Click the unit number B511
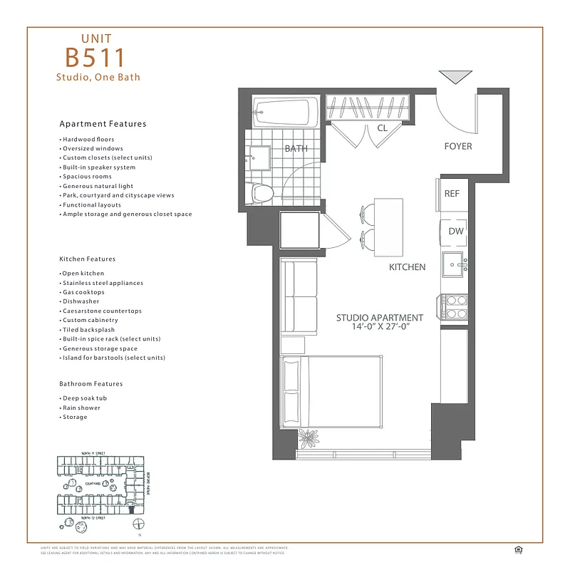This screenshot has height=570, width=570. [95, 58]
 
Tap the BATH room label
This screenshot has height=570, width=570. [296, 149]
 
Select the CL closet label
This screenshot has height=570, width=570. [382, 129]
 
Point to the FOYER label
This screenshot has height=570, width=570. [457, 147]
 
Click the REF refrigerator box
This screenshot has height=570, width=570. [452, 194]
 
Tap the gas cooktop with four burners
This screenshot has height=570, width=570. [454, 306]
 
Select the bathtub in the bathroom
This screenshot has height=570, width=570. [284, 112]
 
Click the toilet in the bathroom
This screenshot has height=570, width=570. [261, 192]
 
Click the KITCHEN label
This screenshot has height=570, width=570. [407, 267]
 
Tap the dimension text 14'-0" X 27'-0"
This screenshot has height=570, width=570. [379, 327]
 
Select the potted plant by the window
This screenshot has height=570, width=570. [309, 436]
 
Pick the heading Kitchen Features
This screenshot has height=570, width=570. [87, 259]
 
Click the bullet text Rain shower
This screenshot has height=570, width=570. [81, 408]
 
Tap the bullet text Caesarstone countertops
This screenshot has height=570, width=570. [102, 311]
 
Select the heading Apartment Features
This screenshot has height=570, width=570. [103, 124]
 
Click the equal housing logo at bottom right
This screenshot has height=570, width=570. [518, 549]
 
